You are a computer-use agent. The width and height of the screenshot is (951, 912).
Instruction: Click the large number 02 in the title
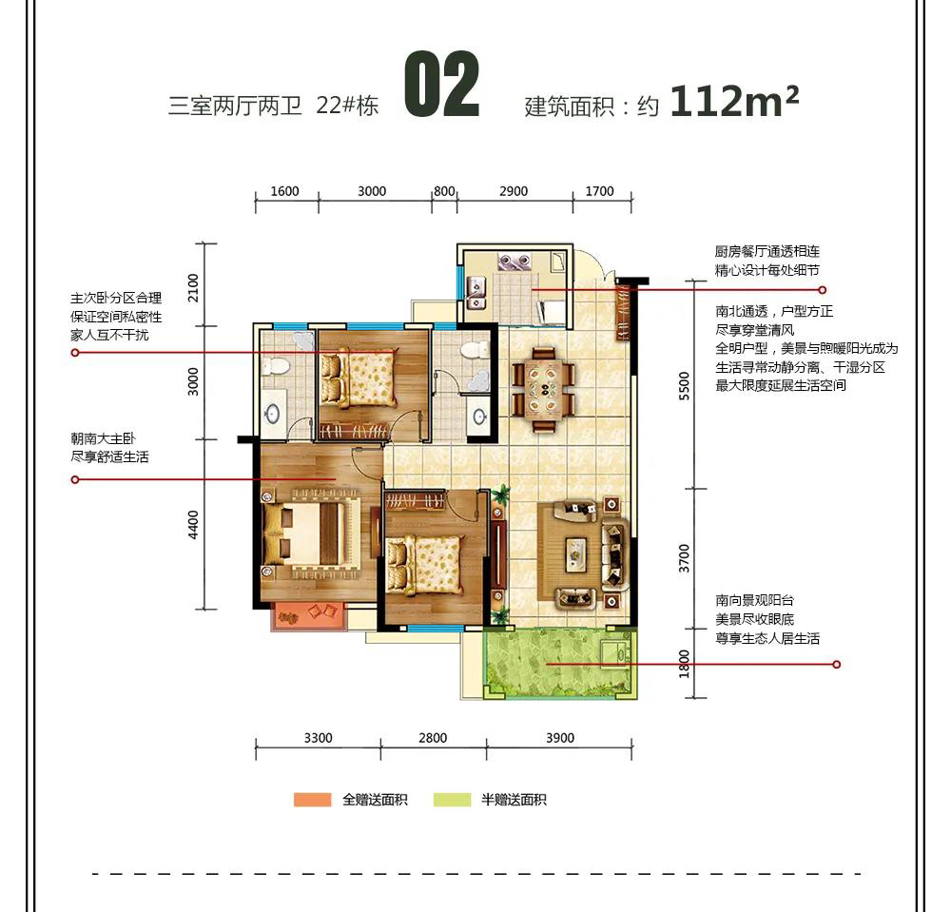[x=442, y=85]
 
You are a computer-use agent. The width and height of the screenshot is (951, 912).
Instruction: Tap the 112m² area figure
[x=734, y=101]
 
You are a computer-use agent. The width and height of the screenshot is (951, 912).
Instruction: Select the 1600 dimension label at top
[x=284, y=191]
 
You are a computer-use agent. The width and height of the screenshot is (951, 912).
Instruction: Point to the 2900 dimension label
[x=514, y=191]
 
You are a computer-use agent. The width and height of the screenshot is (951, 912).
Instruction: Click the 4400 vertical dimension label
[x=193, y=525]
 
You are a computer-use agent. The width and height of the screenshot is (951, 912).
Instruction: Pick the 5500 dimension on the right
[x=685, y=386]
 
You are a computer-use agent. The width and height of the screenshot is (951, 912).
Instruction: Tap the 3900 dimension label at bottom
[x=560, y=738]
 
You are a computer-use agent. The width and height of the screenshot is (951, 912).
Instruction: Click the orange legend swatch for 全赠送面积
[x=312, y=800]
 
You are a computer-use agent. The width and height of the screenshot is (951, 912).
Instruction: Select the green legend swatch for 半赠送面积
[x=452, y=800]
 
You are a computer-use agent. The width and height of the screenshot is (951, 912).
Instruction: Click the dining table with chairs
[x=543, y=389]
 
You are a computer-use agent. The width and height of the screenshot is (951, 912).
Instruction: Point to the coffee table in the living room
[x=576, y=554]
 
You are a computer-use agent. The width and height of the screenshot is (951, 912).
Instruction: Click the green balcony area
[x=560, y=664]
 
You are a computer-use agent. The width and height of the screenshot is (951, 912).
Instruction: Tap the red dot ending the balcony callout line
[x=837, y=665]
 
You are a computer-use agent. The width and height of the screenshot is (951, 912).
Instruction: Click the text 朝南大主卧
[x=103, y=438]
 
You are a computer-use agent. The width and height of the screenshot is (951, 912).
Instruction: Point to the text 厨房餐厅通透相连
[x=767, y=252]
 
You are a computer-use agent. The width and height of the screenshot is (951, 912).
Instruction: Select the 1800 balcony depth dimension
[x=685, y=664]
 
